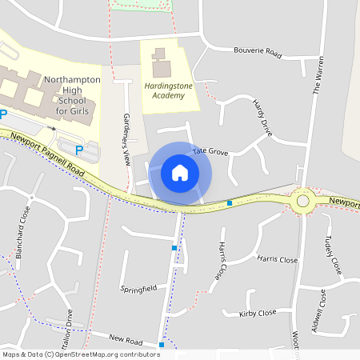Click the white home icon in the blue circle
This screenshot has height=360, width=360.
180,172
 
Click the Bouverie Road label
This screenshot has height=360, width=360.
258,52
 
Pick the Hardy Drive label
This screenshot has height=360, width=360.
262,118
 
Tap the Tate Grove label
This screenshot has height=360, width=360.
210,151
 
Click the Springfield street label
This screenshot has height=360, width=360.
138,287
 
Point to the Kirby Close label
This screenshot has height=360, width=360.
258,313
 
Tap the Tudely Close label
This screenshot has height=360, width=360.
334,256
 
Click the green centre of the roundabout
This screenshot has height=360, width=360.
303,201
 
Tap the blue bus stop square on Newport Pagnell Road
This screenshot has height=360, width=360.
230,203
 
